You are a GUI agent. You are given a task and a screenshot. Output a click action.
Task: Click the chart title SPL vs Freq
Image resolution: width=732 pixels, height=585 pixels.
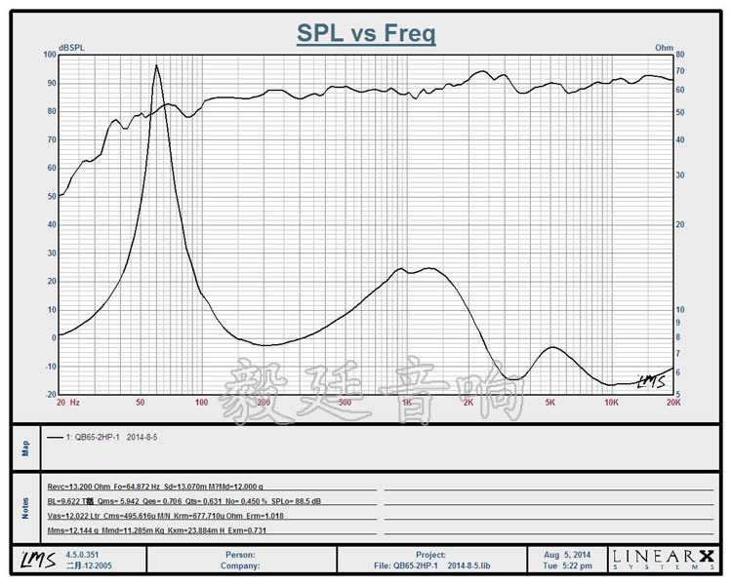pyautogui.click(x=366, y=34)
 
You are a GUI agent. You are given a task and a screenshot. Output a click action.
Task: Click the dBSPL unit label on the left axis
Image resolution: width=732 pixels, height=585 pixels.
pyautogui.click(x=72, y=47)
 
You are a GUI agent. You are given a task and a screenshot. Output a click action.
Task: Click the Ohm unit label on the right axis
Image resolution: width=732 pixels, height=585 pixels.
pyautogui.click(x=664, y=47)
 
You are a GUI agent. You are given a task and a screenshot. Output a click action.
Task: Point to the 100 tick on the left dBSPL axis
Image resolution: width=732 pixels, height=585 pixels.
pyautogui.click(x=50, y=55)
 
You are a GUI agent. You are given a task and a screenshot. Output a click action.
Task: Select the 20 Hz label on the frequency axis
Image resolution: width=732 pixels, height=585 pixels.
pyautogui.click(x=67, y=402)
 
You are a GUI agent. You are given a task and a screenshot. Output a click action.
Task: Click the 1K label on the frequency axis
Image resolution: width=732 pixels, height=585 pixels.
pyautogui.click(x=406, y=402)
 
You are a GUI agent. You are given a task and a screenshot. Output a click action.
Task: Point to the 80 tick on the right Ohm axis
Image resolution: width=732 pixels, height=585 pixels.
pyautogui.click(x=681, y=55)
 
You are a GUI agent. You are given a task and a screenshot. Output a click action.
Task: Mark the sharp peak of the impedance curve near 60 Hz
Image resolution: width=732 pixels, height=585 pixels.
pyautogui.click(x=156, y=65)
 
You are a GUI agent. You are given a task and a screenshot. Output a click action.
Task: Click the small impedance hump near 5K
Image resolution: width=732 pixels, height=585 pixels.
pyautogui.click(x=553, y=347)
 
